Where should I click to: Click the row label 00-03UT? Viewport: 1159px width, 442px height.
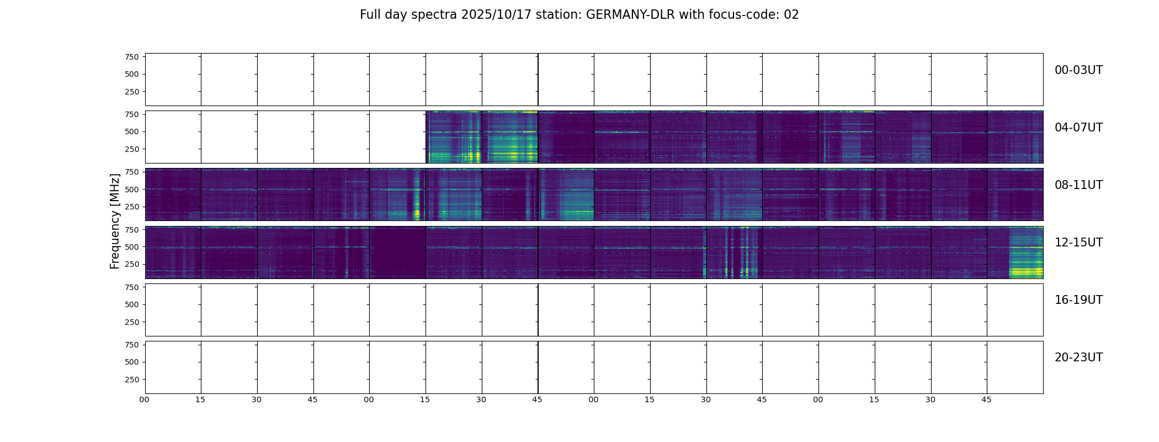[x=1078, y=70]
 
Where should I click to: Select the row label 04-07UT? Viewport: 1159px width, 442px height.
[x=1078, y=128]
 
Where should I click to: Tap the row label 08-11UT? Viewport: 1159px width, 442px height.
[x=1078, y=185]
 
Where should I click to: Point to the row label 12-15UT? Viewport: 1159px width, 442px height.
[x=1078, y=243]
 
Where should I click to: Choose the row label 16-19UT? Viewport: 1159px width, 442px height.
[x=1078, y=300]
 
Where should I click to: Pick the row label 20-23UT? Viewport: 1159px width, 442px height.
[x=1078, y=357]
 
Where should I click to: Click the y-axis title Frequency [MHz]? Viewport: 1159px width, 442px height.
[x=115, y=221]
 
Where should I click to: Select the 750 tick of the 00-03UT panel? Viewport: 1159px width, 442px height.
[x=132, y=57]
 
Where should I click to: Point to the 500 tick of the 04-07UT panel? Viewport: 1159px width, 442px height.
[x=132, y=132]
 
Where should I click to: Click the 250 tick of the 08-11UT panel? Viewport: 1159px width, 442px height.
[x=132, y=207]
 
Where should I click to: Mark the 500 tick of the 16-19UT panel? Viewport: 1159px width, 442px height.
[x=132, y=304]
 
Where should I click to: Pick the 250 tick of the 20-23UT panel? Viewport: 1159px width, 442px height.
[x=132, y=380]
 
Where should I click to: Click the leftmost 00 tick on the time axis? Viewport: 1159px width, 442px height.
[x=145, y=399]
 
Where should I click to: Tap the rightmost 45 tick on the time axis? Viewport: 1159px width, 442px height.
[x=987, y=399]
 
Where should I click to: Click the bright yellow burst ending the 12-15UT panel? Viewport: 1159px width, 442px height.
[x=1026, y=271]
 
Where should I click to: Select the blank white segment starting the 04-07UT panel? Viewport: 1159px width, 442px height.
[x=285, y=137]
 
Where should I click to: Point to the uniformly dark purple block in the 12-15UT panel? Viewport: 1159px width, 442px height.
[x=397, y=252]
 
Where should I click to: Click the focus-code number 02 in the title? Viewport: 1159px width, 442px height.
[x=791, y=15]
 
